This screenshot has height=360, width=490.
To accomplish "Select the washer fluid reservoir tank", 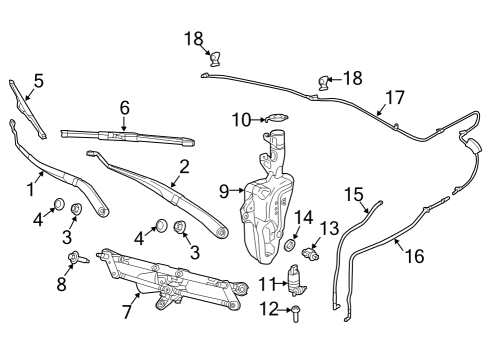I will tap(265, 205).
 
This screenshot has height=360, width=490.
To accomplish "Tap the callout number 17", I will tap(395, 98).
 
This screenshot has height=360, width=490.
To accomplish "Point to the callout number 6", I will tap(125, 106).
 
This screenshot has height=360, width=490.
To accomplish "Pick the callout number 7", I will tap(127, 311).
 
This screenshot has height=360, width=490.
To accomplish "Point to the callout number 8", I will tap(61, 285).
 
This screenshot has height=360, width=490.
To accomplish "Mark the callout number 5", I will tap(38, 80).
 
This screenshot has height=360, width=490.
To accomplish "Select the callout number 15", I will tap(354, 193).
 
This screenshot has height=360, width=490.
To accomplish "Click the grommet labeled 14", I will tap(290, 244).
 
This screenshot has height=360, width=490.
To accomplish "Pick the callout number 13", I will tap(329, 228).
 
